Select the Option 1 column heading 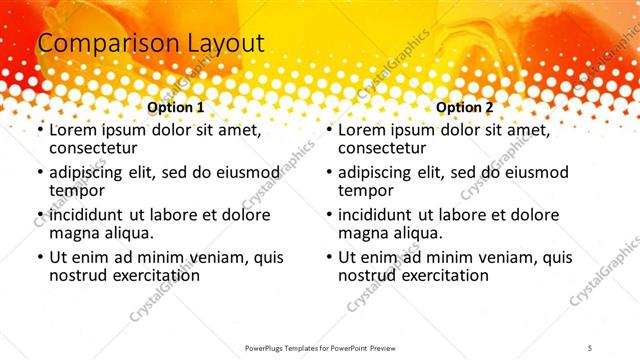(176, 107)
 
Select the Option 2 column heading (465, 107)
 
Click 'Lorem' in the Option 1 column (74, 130)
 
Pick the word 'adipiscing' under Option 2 (379, 172)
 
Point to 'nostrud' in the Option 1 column (78, 276)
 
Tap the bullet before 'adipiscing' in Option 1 (40, 173)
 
